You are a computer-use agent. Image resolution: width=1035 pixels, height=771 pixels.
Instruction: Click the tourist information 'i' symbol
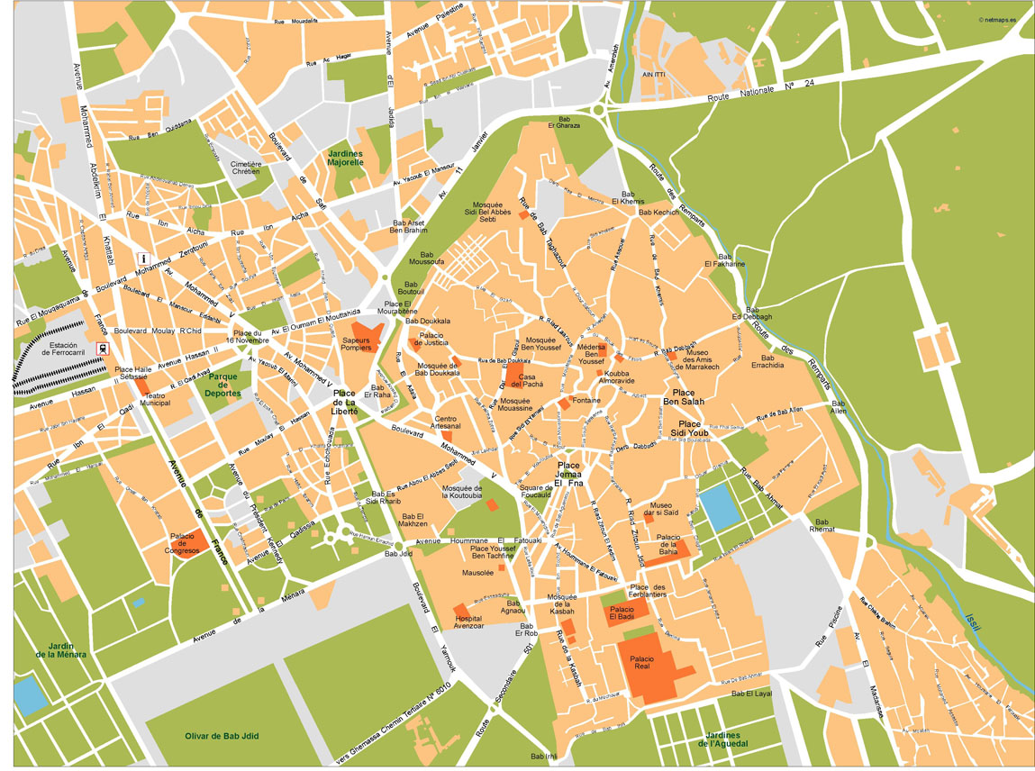[x=141, y=259]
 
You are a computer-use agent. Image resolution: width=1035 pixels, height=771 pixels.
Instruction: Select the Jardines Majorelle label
[x=346, y=159]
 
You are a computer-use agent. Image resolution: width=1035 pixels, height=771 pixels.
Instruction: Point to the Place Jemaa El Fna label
[x=568, y=475]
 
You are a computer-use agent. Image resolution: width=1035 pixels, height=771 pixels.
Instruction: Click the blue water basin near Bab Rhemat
[x=718, y=507]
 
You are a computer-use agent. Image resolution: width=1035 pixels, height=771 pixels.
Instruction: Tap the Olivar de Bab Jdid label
[x=221, y=736]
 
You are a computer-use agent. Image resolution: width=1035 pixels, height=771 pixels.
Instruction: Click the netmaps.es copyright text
[x=1003, y=18]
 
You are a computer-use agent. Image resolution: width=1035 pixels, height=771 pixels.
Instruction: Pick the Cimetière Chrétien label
[x=246, y=168]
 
